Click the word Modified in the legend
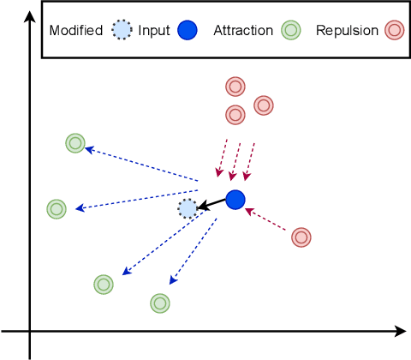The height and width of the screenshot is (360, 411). click(76, 31)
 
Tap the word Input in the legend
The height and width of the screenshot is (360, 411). click(154, 31)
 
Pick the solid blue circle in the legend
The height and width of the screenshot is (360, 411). click(188, 31)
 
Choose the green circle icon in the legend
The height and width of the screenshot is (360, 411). click(291, 31)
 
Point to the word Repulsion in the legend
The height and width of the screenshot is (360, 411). click(348, 31)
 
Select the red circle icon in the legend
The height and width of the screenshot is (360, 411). click(394, 31)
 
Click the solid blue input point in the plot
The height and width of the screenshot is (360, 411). click(235, 200)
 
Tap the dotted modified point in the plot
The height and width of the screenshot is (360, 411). click(188, 208)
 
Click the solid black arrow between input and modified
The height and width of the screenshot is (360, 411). click(211, 204)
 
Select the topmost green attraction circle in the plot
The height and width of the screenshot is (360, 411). click(75, 143)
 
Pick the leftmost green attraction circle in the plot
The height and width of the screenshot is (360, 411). click(57, 208)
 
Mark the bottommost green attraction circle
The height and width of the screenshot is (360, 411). click(159, 303)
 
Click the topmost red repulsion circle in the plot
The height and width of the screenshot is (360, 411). click(235, 87)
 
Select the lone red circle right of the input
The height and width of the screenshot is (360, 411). click(301, 237)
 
